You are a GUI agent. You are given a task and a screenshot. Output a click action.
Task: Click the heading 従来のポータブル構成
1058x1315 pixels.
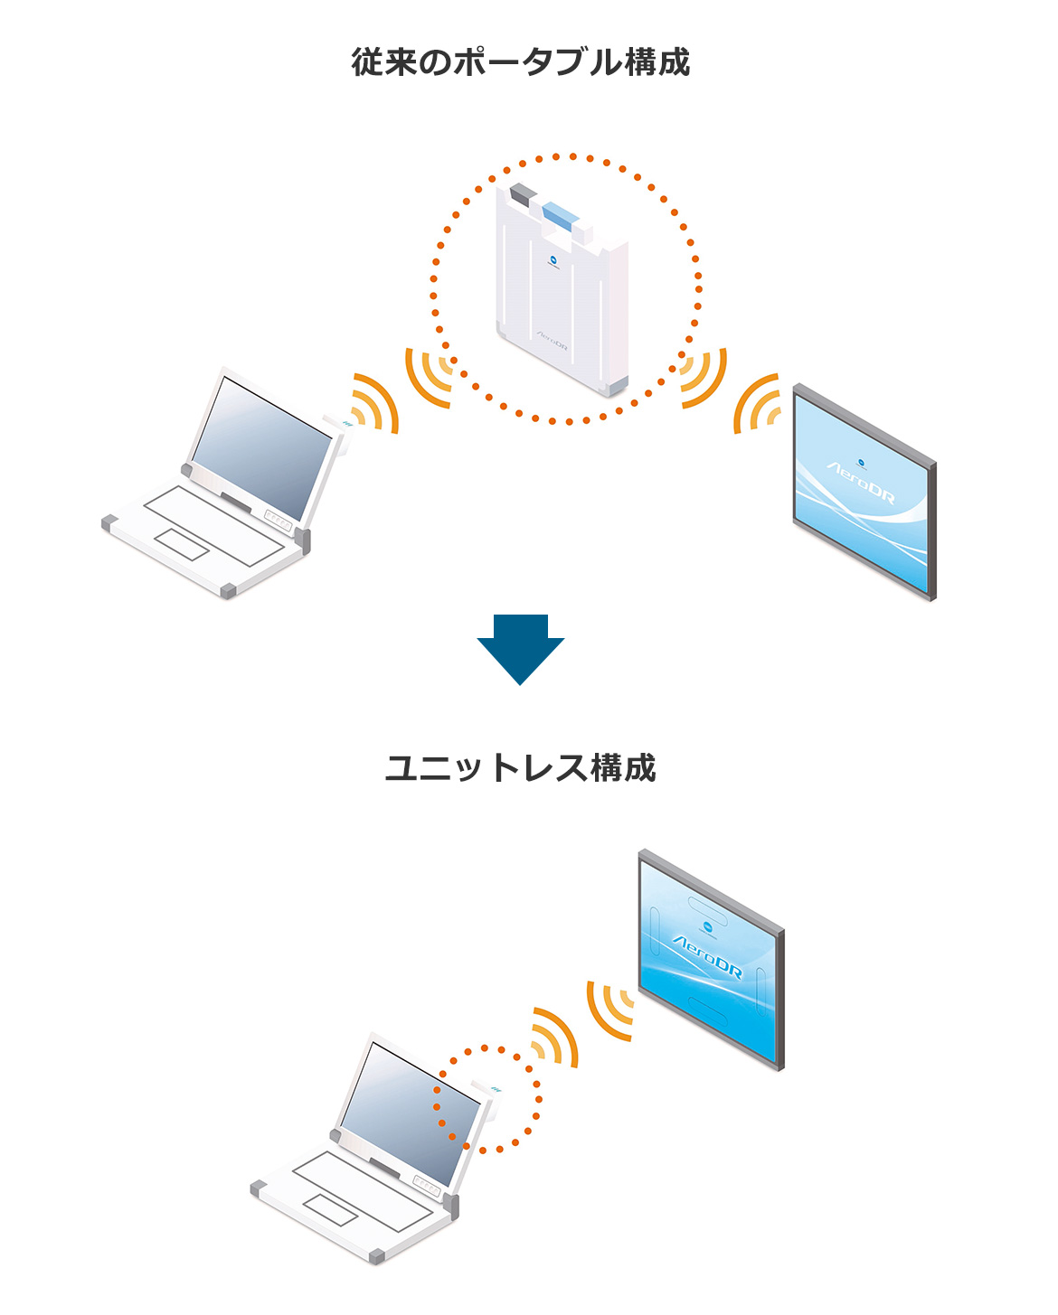coord(521,62)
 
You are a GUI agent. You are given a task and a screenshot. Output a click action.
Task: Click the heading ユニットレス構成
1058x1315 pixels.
coord(521,768)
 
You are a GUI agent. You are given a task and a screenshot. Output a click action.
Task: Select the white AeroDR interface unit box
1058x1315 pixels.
coord(561,289)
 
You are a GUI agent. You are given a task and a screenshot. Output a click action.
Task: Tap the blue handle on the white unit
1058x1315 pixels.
coord(560,215)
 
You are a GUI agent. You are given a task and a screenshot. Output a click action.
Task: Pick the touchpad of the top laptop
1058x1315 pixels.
coord(181,544)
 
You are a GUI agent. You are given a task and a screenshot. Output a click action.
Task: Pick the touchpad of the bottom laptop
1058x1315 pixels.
coord(330,1209)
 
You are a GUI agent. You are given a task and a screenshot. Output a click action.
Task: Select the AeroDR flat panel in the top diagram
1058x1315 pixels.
coord(864,493)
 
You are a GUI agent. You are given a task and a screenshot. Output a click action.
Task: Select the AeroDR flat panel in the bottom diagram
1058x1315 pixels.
coord(710,958)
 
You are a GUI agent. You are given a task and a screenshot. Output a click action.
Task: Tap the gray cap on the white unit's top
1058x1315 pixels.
coord(523,193)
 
